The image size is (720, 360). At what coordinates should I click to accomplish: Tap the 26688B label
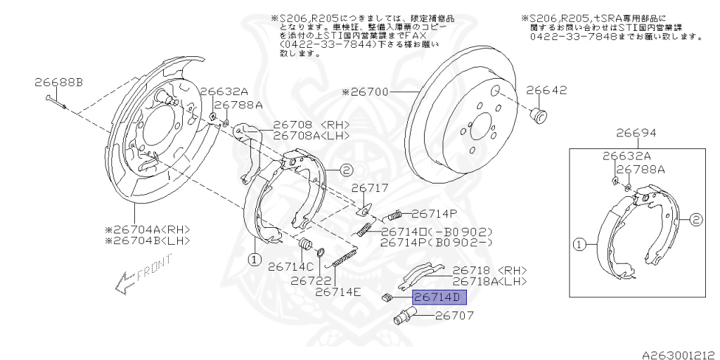coord(58,82)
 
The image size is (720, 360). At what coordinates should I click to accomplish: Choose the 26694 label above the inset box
coord(636,132)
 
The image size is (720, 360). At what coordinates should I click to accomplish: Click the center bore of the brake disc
coord(480,131)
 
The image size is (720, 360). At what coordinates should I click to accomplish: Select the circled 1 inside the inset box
coord(579,245)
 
